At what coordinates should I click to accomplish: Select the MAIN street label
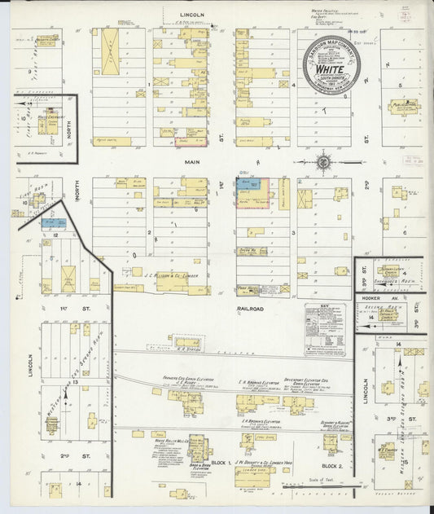coord(191,162)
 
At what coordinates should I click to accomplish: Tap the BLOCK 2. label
coord(331,465)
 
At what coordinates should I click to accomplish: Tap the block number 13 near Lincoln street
coord(74,381)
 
